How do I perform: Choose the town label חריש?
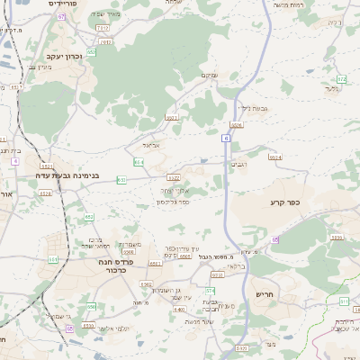point(264,294)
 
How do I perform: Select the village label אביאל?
point(150,143)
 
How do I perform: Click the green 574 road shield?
point(210,291)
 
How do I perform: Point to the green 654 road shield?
point(139,162)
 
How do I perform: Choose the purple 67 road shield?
point(60,16)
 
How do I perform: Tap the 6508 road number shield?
point(128,252)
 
